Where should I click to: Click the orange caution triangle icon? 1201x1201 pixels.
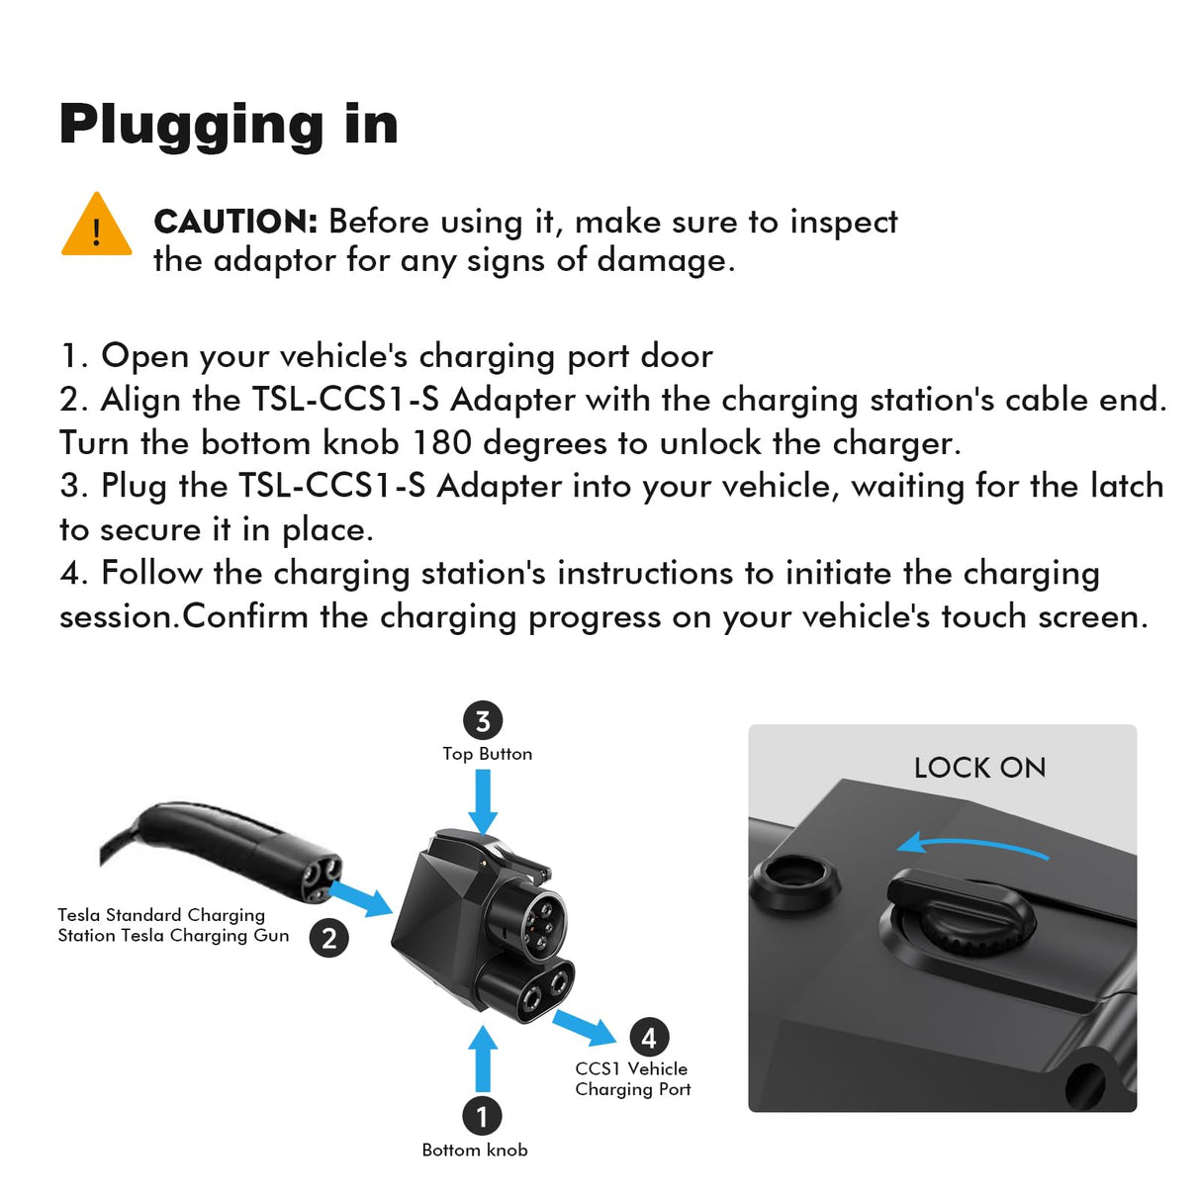pos(96,227)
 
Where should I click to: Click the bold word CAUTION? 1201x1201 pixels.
pos(235,222)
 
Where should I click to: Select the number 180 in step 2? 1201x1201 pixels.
pos(441,442)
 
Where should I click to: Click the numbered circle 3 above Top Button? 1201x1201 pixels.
pos(483,721)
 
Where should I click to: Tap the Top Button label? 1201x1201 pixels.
pos(487,754)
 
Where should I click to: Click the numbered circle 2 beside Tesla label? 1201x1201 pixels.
pos(328,937)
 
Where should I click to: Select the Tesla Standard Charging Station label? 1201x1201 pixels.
pos(172,925)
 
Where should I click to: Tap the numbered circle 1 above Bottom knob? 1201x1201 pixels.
pos(482,1117)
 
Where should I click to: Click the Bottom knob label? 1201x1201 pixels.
pos(475,1150)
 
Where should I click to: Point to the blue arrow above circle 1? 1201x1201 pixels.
pos(483,1059)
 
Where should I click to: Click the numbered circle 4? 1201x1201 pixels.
pos(649,1038)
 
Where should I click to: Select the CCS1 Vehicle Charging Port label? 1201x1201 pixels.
pos(632,1078)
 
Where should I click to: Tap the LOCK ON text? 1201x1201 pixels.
pos(979,768)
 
